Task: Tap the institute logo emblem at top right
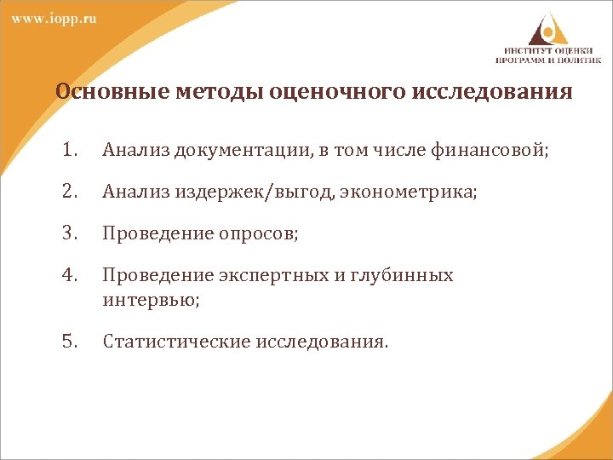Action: coord(546,26)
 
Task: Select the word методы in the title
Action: coord(205,91)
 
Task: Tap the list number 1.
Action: coord(69,151)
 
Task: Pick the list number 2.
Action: coord(69,193)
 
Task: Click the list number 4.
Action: coord(69,275)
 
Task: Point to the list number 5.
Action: coord(69,342)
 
